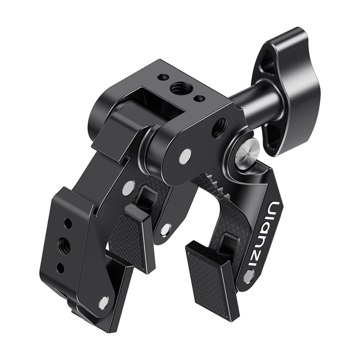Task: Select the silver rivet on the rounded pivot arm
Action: [x=184, y=156]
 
